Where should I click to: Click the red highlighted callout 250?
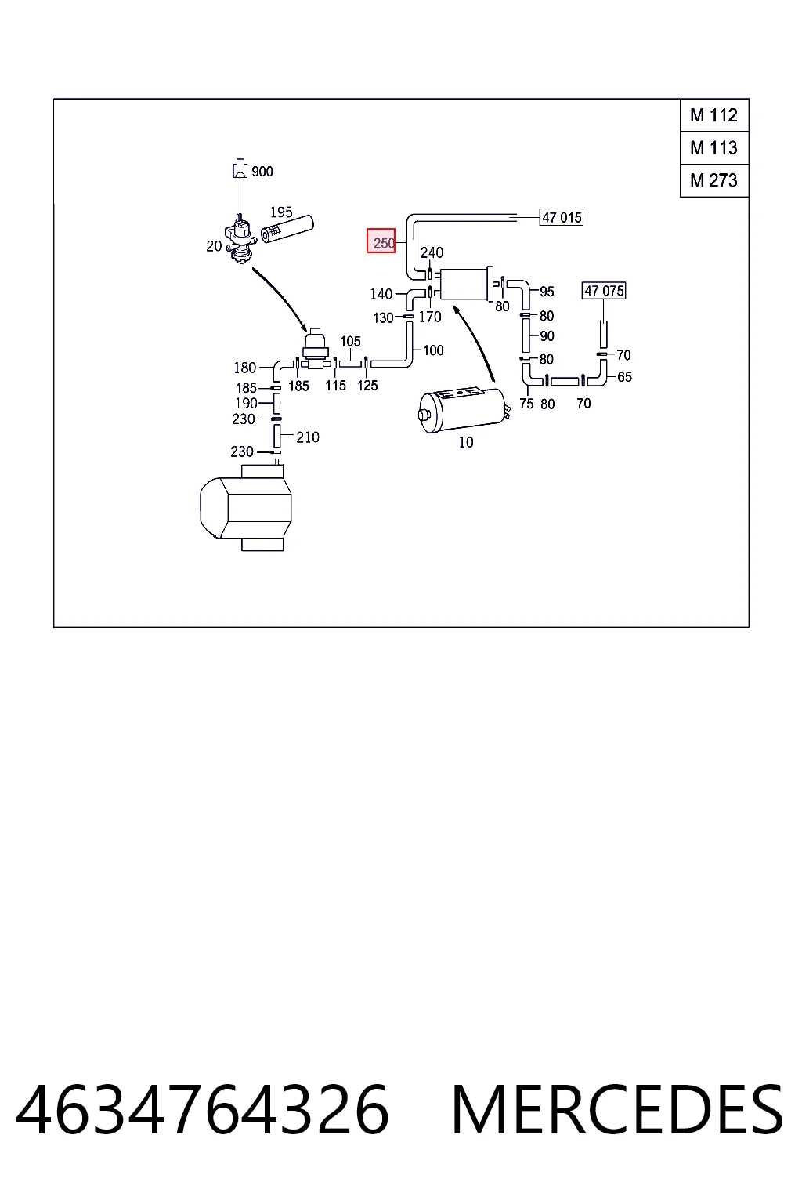381,241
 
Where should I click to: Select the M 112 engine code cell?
714,115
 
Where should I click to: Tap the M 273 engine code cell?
714,180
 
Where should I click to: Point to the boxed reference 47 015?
562,217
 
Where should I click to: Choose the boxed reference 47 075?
604,291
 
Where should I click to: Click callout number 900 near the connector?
262,172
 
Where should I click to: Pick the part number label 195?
281,212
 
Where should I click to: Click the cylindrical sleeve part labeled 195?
287,230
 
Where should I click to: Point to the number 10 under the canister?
466,442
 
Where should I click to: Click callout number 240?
432,252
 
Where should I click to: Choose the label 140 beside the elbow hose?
381,294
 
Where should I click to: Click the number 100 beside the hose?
433,350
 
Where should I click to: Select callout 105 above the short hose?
350,341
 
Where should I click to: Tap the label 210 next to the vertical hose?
308,437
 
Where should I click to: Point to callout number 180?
245,368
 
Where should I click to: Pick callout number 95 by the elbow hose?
547,292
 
